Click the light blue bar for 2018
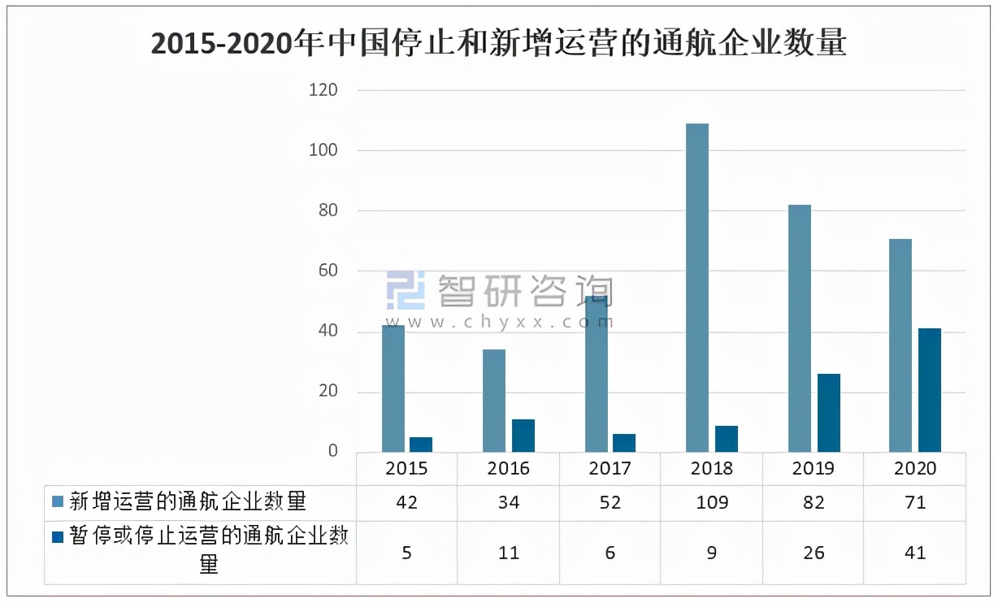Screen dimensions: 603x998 (x=697, y=288)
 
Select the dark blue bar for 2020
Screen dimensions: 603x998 (x=930, y=390)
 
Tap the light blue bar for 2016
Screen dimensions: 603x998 (x=494, y=401)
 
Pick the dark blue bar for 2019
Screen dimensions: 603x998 (x=828, y=413)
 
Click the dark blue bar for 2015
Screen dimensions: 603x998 (x=421, y=445)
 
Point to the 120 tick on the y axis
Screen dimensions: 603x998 (x=323, y=90)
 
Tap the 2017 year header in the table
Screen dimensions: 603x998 (x=610, y=469)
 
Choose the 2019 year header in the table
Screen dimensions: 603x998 (x=813, y=469)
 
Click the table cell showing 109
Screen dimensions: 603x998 (x=711, y=503)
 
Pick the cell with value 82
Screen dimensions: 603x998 (x=813, y=503)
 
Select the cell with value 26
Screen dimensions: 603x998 (x=813, y=553)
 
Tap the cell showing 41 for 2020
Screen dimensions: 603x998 (x=915, y=553)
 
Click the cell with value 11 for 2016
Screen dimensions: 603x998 (x=509, y=553)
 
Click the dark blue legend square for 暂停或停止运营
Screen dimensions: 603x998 (x=56, y=537)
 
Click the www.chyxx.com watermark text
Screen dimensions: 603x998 (x=500, y=322)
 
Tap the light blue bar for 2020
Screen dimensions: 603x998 (x=900, y=345)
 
